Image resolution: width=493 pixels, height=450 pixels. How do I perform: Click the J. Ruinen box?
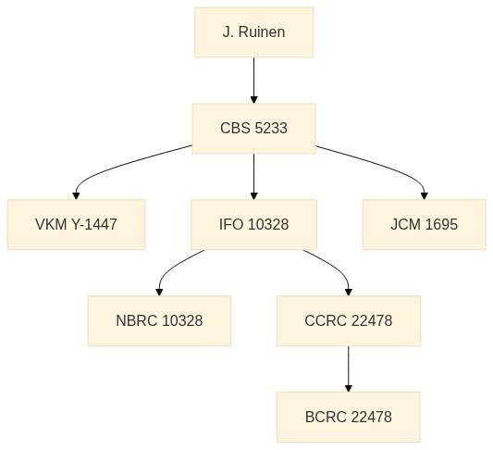[253, 32]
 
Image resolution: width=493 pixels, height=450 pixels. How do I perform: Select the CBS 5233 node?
[253, 129]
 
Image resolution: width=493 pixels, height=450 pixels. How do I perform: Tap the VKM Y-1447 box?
[76, 225]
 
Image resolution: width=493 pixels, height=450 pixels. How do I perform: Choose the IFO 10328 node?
[253, 225]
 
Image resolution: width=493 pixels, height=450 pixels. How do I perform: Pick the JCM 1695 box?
[425, 225]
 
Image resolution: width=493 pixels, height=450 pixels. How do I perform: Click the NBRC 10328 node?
[159, 321]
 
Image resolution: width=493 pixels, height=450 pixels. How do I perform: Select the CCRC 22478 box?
[349, 321]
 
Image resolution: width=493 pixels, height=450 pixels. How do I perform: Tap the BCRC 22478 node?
[349, 418]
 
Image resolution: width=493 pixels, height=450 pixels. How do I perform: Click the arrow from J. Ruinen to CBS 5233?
[254, 81]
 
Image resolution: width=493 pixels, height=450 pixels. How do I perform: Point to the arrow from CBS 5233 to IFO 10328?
[254, 177]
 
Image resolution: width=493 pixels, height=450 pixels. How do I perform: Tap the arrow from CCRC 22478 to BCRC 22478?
[349, 369]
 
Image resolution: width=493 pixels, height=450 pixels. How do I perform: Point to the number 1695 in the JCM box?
[441, 225]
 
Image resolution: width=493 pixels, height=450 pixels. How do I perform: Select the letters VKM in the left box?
[51, 225]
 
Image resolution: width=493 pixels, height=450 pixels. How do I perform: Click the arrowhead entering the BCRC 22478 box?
[349, 389]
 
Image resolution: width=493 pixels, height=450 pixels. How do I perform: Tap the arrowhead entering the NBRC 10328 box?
[159, 293]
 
